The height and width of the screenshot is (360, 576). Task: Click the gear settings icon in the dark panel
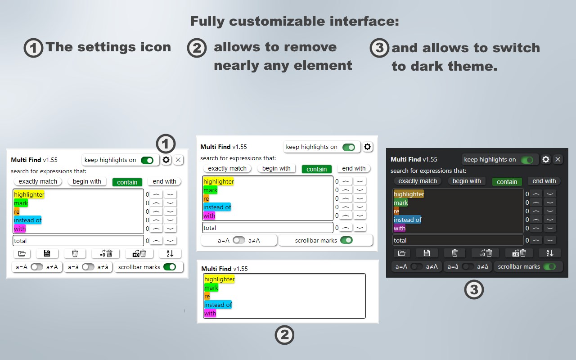tap(546, 159)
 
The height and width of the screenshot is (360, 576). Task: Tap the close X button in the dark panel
tap(558, 159)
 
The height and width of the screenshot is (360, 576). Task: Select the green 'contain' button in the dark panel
tap(507, 182)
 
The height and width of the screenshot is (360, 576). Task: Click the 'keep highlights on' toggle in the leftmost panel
tap(147, 160)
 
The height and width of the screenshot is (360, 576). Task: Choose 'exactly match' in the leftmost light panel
tap(38, 181)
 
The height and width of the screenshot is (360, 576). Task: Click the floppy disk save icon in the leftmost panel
tap(47, 253)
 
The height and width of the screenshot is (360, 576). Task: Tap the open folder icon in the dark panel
tap(402, 253)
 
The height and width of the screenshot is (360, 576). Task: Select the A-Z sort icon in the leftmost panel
tap(170, 253)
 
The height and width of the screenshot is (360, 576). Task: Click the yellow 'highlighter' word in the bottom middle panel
tap(219, 279)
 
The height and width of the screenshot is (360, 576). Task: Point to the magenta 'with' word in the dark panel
tap(399, 228)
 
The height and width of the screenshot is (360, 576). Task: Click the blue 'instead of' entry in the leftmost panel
tap(27, 220)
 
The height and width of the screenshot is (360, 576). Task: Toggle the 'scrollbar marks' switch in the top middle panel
tap(346, 240)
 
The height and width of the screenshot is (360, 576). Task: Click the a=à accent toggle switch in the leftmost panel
tap(88, 267)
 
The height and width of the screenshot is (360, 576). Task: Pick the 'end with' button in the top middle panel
tap(354, 168)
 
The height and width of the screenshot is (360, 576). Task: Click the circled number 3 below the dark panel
tap(474, 290)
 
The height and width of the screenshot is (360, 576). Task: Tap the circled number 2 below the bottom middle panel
tap(284, 335)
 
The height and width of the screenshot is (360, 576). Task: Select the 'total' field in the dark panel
tap(458, 240)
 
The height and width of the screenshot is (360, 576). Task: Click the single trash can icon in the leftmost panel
tap(75, 253)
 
